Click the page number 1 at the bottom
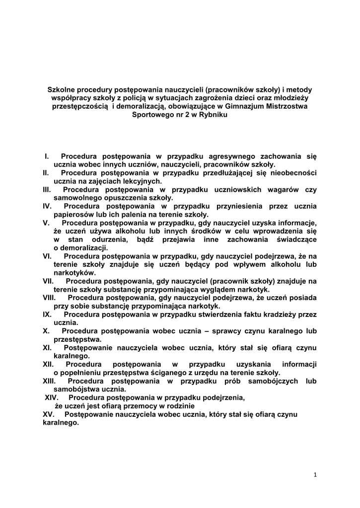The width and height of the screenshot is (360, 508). [315, 475]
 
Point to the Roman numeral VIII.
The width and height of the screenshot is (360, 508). [49, 298]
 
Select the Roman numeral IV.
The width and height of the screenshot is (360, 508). [48, 206]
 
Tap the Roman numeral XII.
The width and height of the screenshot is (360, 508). [49, 364]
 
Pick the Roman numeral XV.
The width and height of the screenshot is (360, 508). [49, 414]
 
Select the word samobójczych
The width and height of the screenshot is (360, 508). [269, 381]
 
